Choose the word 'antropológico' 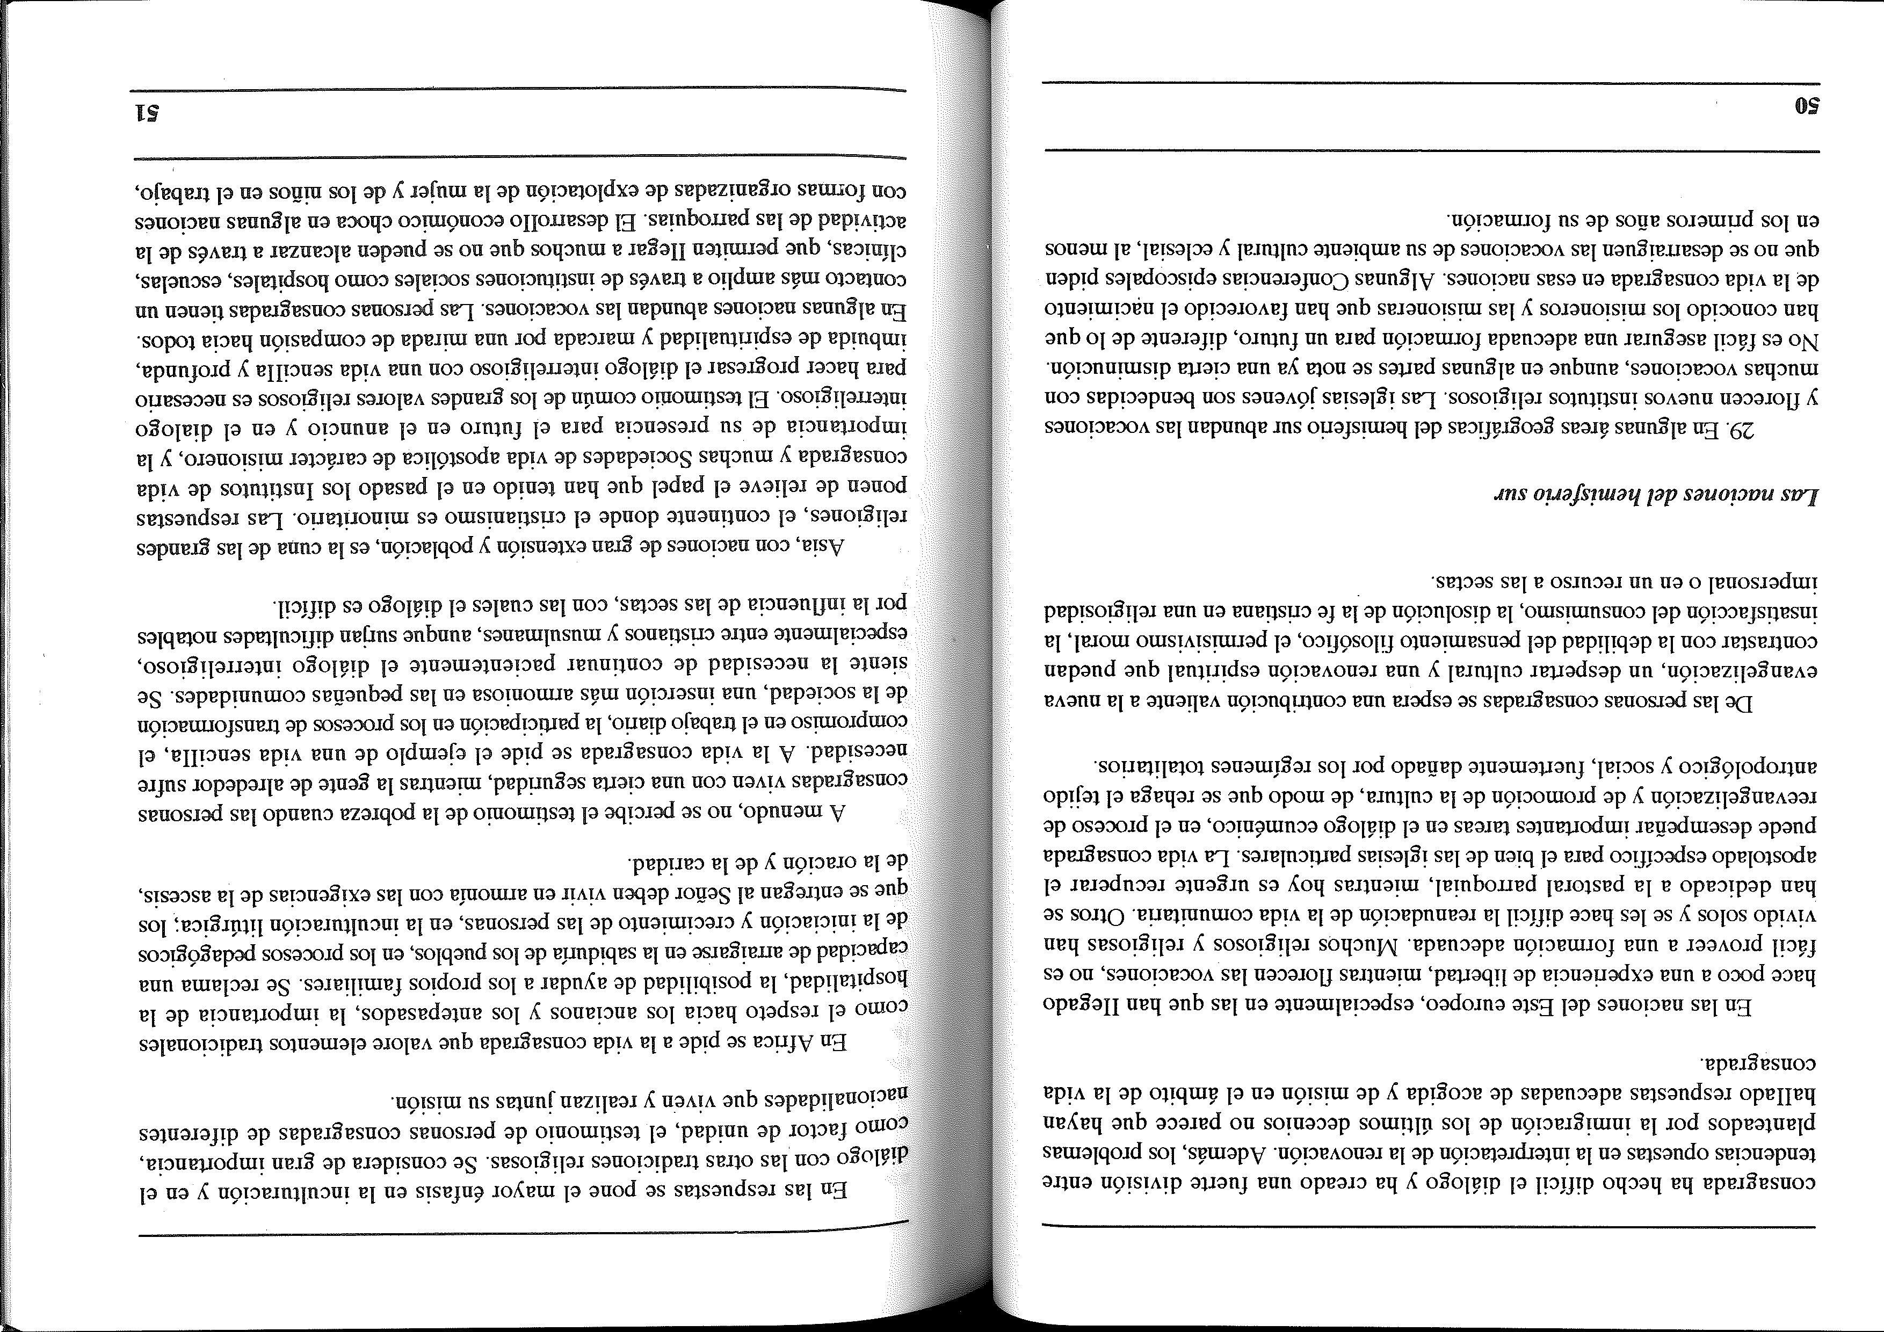click(1757, 768)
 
